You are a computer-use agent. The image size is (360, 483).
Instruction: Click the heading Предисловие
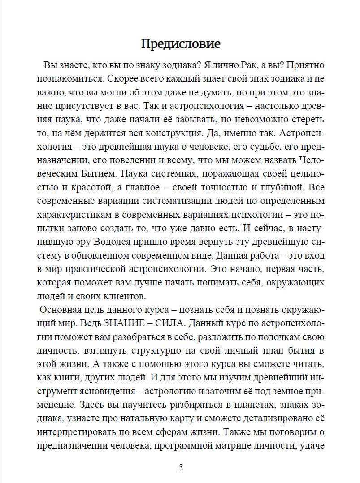tap(181, 44)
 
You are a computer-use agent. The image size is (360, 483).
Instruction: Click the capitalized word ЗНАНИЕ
tap(130, 323)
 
